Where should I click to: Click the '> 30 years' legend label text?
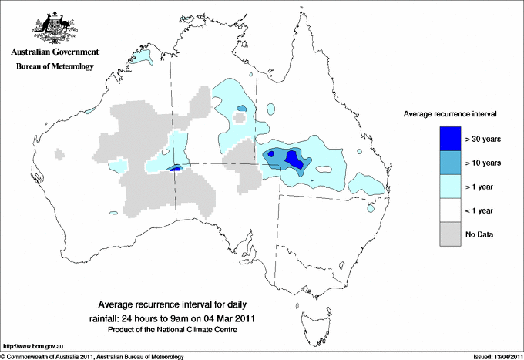pyautogui.click(x=484, y=140)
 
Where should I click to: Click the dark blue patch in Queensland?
pyautogui.click(x=294, y=159)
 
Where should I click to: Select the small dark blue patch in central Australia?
pyautogui.click(x=175, y=167)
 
